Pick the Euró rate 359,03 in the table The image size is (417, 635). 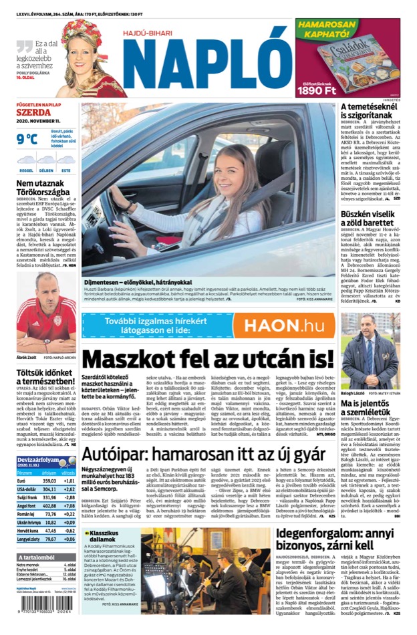tap(49, 481)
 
